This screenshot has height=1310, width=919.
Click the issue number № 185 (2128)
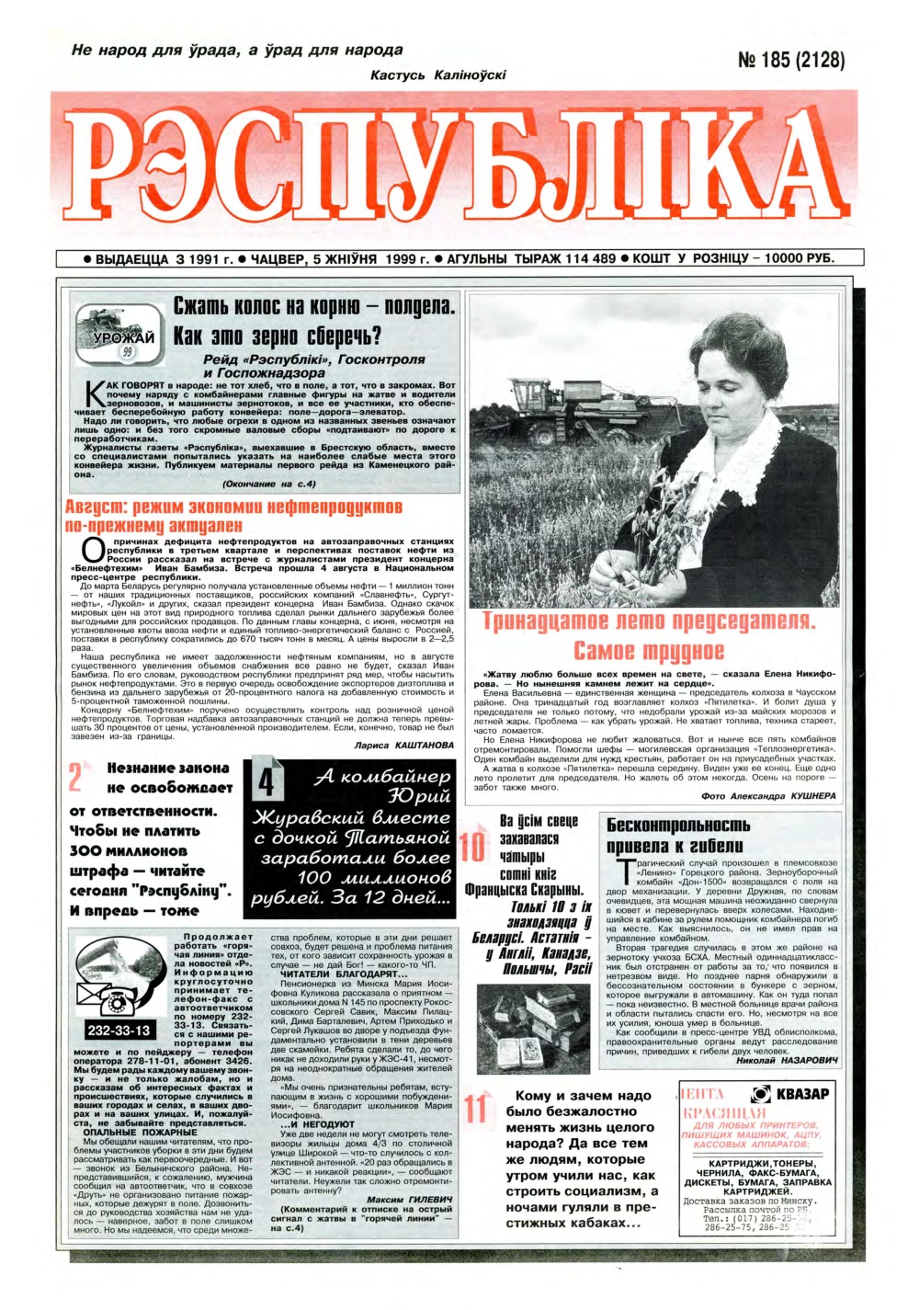coord(791,61)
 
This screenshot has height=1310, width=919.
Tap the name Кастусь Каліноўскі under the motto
coord(437,74)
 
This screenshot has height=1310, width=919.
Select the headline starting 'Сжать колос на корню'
coord(314,321)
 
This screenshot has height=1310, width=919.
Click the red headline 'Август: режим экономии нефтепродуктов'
coord(233,516)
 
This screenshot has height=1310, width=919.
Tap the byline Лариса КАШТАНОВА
coord(403,745)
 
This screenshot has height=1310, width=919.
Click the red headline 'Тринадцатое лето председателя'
coord(649,636)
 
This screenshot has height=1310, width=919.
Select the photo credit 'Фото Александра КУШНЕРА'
coord(768,796)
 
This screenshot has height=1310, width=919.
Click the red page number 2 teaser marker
coord(77,779)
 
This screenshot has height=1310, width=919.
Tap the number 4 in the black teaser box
coord(266,782)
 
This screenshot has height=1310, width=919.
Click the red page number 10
coord(473,847)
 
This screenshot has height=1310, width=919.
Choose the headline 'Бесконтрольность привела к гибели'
coord(678,835)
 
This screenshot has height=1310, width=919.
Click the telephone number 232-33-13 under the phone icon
coord(119,1031)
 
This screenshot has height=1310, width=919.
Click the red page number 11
coord(475,1110)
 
